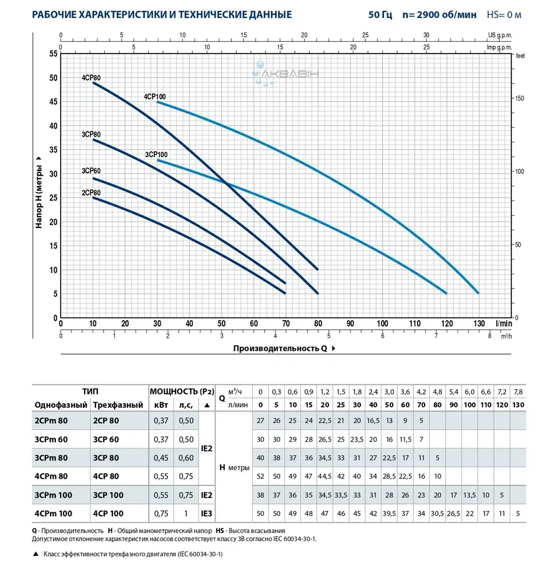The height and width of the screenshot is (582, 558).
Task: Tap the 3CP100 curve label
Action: tap(156, 154)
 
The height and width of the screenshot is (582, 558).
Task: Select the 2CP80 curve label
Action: tap(91, 193)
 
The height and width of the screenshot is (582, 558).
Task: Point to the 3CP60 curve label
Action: tap(91, 171)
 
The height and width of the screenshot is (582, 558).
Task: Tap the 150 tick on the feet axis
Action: tap(520, 98)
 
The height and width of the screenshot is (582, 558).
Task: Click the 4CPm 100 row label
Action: tap(54, 514)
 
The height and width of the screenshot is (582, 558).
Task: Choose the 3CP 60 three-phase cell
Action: tap(105, 439)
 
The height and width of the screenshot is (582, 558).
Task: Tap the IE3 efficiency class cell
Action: tap(206, 514)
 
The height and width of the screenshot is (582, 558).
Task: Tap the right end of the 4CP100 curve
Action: tap(478, 293)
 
